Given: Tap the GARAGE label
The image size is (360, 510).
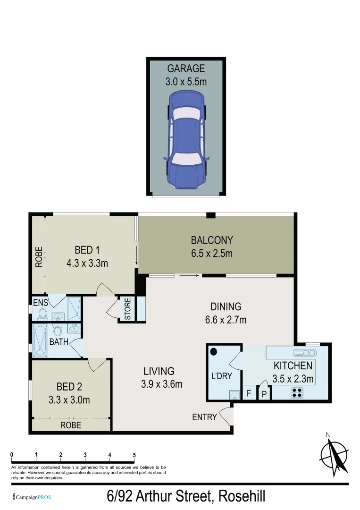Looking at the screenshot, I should [186, 69].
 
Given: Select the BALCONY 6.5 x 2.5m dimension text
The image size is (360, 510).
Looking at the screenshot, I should [212, 254].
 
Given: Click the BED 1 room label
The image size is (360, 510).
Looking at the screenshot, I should [87, 250].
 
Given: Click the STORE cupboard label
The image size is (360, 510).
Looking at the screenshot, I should [128, 309].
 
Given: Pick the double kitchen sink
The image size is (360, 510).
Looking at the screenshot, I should [305, 353].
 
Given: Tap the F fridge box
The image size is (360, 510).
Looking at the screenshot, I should [249, 393].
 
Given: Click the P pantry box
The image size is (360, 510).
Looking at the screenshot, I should [264, 393].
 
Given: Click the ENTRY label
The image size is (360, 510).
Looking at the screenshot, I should [204, 417].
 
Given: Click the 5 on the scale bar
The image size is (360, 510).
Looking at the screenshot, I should [134, 455].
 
